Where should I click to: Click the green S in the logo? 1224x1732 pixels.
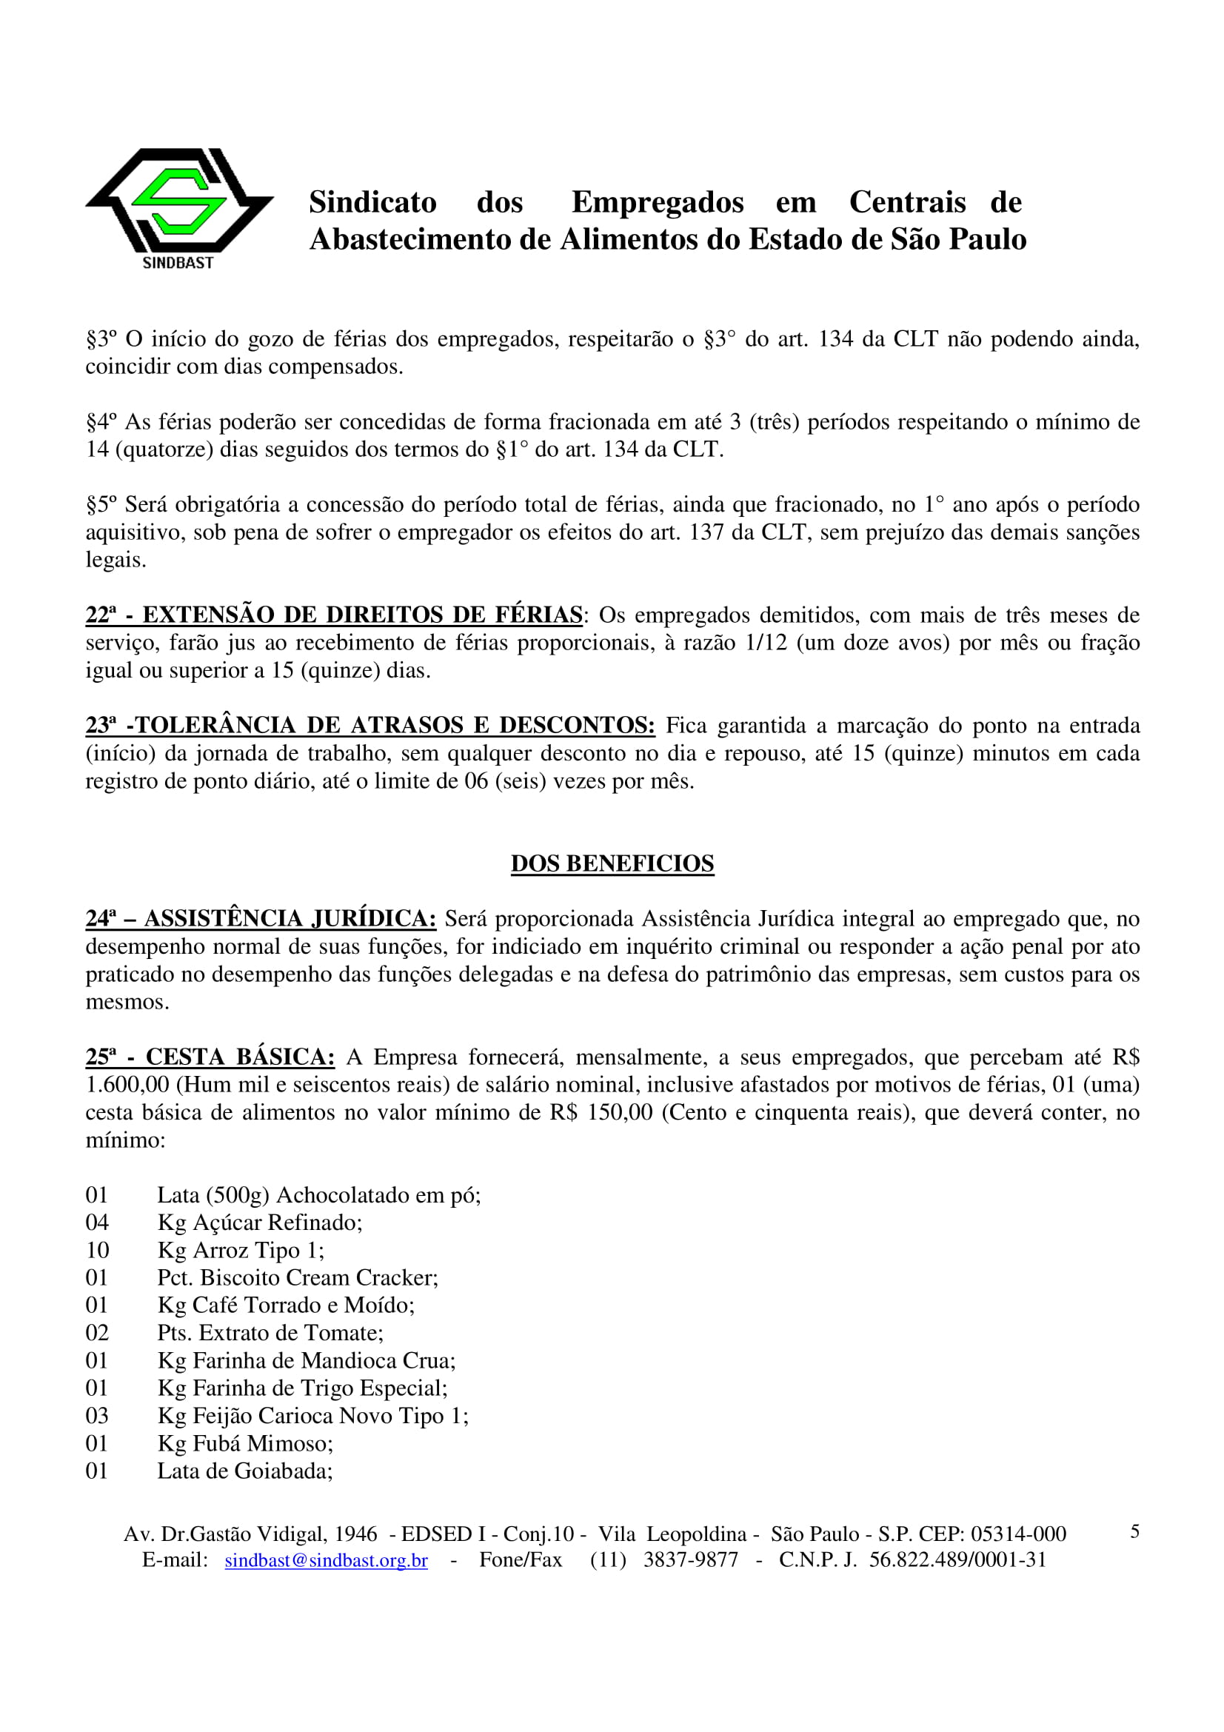tap(178, 201)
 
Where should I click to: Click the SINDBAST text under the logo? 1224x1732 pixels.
tap(178, 263)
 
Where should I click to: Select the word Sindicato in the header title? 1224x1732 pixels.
tap(372, 202)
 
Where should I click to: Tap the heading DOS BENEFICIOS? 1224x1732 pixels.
tap(612, 863)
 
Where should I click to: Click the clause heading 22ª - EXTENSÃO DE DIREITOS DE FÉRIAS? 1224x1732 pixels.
tap(333, 615)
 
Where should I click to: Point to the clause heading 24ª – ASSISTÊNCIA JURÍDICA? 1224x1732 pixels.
tap(260, 919)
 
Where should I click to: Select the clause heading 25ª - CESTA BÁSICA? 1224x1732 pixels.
tap(210, 1057)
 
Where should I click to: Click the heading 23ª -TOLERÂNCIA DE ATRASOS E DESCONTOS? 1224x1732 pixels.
tap(369, 725)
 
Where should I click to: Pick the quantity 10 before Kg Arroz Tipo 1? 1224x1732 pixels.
tap(97, 1250)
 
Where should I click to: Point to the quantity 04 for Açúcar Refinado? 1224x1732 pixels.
tap(97, 1222)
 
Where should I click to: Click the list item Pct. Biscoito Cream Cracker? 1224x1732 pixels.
tap(297, 1277)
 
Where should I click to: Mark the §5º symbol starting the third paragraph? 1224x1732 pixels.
tap(101, 504)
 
